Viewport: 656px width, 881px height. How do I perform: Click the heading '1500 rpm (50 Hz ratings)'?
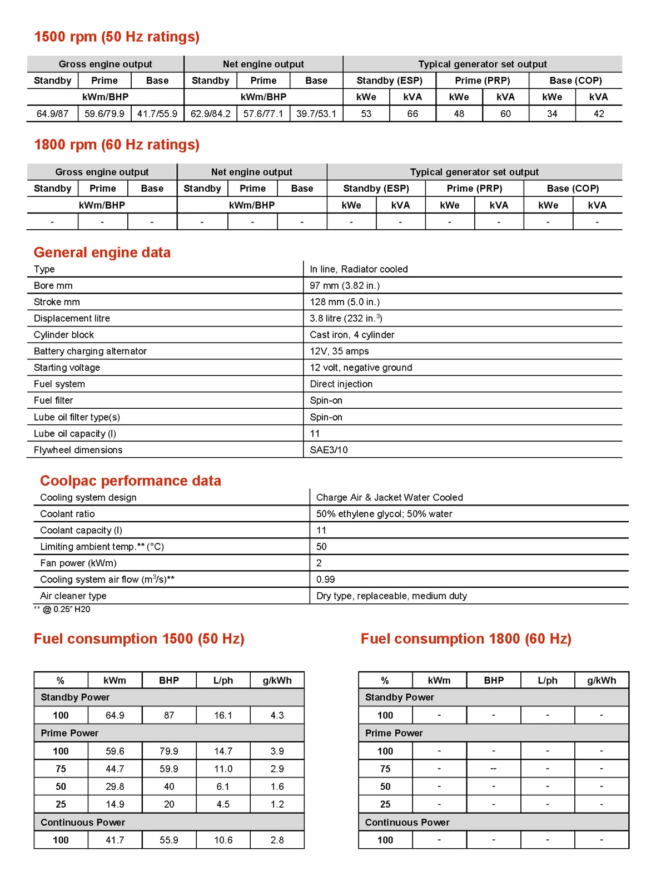[117, 37]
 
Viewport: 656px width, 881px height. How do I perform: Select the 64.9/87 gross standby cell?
[52, 113]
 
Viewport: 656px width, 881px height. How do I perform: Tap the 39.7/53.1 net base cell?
[316, 113]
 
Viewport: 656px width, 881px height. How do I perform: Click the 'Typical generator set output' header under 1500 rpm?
[482, 64]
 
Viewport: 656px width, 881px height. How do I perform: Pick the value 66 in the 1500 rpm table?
[413, 113]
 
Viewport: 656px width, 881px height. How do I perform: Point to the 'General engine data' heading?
[102, 253]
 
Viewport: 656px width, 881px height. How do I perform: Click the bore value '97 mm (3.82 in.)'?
[345, 285]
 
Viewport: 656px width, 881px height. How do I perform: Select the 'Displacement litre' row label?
[72, 318]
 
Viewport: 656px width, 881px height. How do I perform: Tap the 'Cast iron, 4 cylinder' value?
[352, 335]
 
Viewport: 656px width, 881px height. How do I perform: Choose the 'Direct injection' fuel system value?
[341, 384]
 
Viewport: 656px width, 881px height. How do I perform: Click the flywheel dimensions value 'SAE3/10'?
[329, 450]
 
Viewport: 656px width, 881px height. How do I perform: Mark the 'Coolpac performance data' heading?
[131, 481]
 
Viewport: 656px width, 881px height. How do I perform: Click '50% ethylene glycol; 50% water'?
[384, 514]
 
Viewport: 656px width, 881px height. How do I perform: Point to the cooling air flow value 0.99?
[325, 580]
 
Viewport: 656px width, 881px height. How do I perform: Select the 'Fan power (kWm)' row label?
[78, 563]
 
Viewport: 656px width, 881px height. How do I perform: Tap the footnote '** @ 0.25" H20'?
[62, 610]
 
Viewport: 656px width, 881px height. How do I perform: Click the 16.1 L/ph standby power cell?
[223, 715]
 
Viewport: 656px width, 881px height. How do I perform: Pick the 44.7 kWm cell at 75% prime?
[115, 769]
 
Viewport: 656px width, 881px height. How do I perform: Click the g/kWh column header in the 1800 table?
[602, 680]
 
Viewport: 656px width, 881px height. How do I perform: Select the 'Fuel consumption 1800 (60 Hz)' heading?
[466, 639]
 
